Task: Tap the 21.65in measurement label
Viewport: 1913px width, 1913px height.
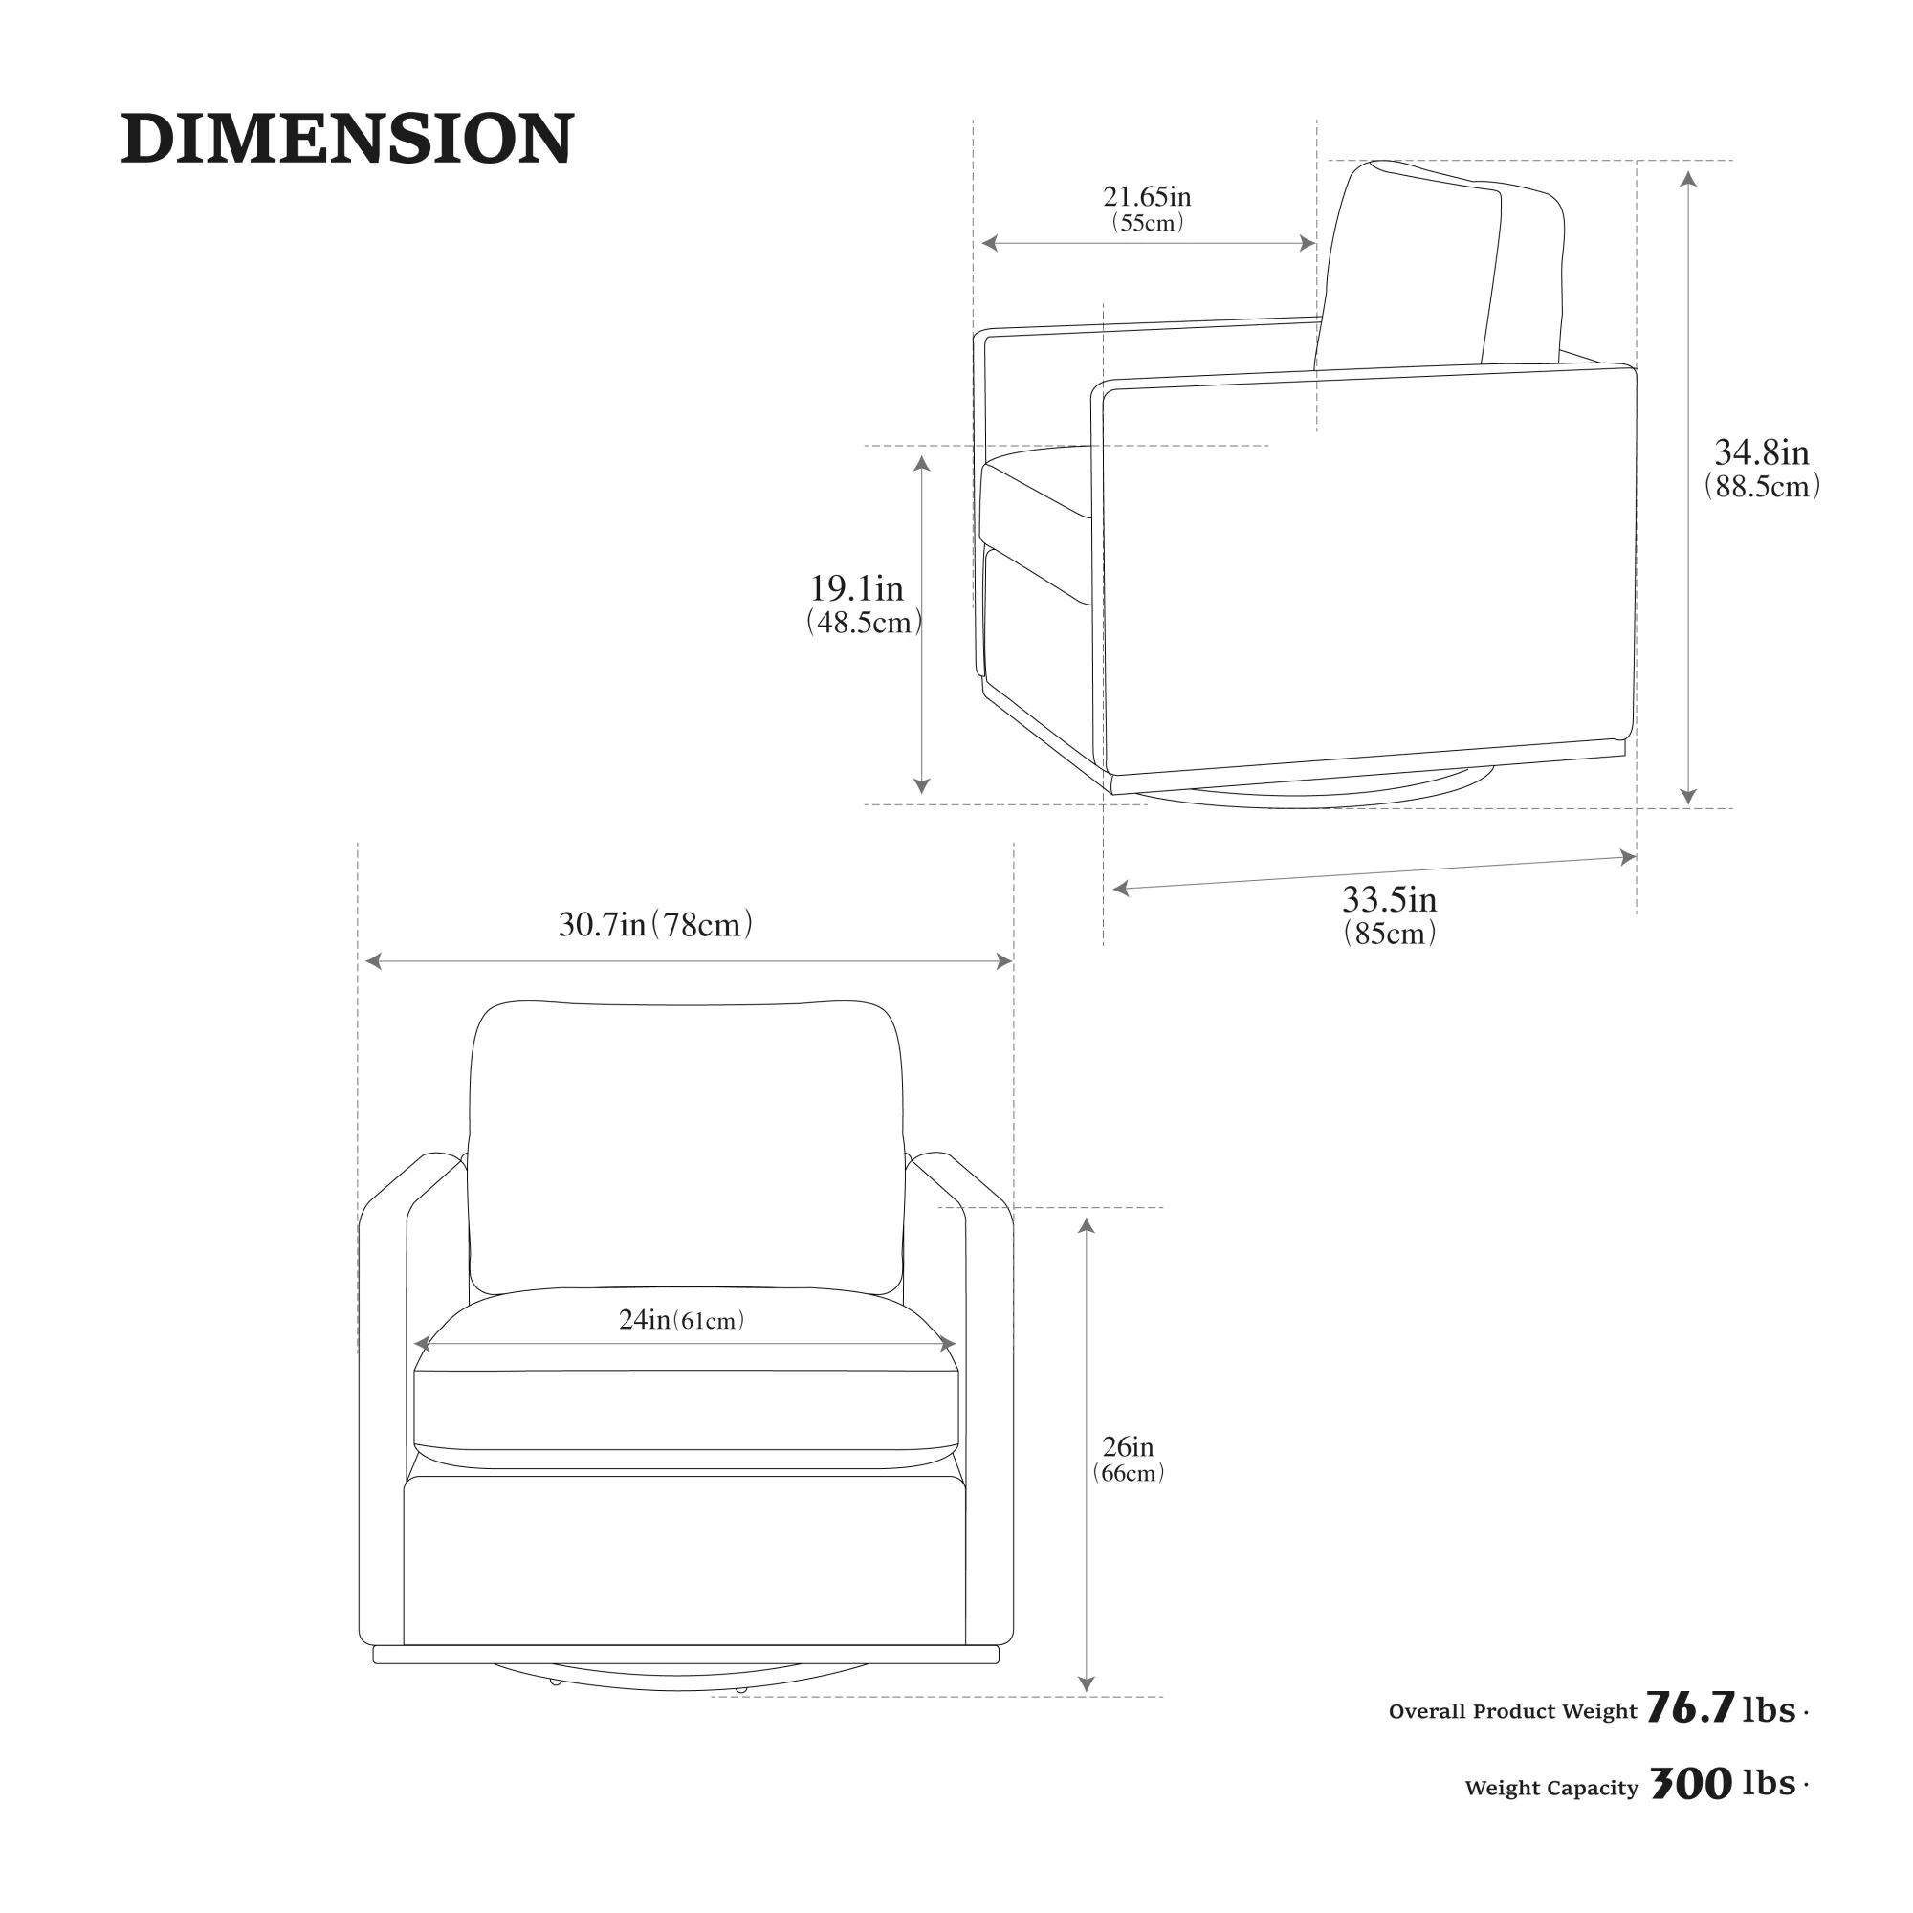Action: [x=1148, y=196]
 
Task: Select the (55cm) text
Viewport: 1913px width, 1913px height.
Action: [x=1148, y=223]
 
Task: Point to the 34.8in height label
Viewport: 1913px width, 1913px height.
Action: [x=1762, y=452]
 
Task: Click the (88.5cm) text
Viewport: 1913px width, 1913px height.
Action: [x=1762, y=486]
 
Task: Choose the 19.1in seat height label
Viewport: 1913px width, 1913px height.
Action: [x=856, y=588]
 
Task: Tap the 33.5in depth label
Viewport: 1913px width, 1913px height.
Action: [x=1389, y=899]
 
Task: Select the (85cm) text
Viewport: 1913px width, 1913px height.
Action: [x=1389, y=933]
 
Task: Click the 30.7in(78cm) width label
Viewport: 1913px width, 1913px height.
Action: [x=655, y=924]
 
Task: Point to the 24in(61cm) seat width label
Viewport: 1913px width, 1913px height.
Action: [x=681, y=1320]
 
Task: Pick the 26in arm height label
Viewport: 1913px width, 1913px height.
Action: [x=1128, y=1446]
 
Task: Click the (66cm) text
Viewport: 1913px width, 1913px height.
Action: [x=1128, y=1472]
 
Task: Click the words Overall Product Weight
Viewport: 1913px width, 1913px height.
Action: [x=1513, y=1712]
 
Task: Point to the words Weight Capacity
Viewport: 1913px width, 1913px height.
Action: [x=1551, y=1789]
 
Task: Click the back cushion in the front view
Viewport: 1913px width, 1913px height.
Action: [x=685, y=1149]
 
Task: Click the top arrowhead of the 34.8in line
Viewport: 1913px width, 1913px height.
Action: [x=1689, y=179]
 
